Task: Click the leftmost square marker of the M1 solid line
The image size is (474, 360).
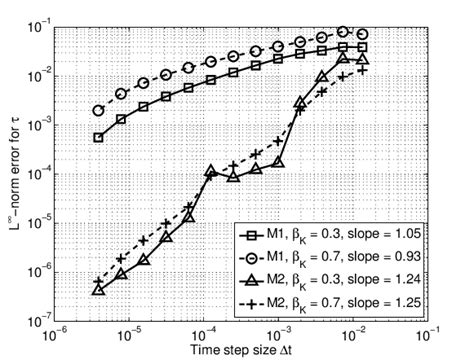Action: coord(98,137)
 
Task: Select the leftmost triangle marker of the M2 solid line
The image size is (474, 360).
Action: coord(98,289)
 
